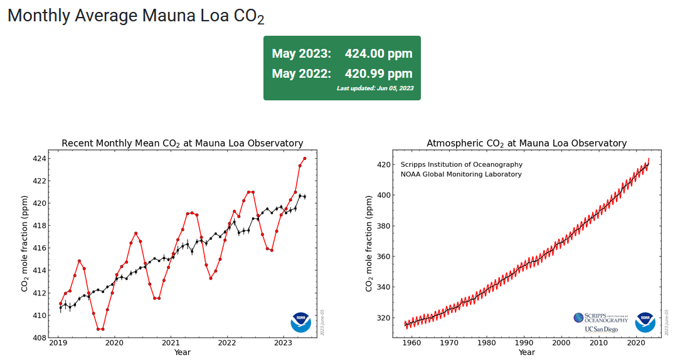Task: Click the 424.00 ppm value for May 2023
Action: (378, 53)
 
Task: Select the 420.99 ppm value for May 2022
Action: (378, 73)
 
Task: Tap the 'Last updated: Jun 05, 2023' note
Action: (374, 88)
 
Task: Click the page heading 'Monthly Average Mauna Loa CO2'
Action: (135, 16)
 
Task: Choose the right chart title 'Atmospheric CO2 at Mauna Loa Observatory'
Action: (526, 144)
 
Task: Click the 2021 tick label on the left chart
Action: (170, 343)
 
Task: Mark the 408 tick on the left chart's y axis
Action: (39, 338)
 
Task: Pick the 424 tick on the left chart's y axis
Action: (39, 159)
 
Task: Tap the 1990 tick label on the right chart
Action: (524, 343)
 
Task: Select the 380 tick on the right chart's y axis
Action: (383, 226)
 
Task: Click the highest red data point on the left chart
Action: (305, 159)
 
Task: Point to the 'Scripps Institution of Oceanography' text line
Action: (461, 164)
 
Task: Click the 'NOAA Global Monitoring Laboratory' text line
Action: (461, 174)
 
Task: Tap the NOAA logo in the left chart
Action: (300, 322)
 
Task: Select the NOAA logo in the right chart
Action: (645, 322)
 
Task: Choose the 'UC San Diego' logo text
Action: (601, 329)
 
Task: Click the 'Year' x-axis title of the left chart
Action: (183, 352)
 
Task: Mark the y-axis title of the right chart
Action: (369, 242)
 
